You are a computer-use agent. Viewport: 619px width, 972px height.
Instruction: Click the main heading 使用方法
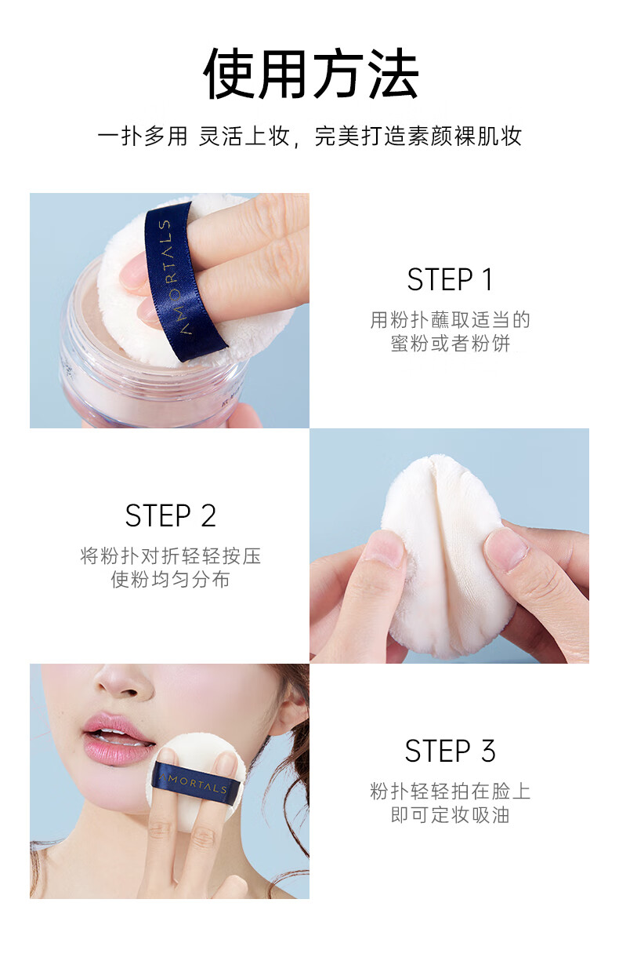310,73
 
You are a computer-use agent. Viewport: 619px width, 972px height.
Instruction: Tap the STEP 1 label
450,280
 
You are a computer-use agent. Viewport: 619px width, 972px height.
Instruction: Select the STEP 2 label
170,516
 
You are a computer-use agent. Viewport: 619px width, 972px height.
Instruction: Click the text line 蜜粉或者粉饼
450,344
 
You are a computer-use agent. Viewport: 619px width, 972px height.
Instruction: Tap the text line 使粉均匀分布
170,579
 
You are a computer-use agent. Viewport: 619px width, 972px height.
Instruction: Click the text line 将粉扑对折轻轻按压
170,556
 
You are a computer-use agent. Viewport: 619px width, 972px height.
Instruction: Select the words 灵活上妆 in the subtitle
244,137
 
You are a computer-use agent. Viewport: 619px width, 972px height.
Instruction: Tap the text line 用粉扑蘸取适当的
450,320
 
